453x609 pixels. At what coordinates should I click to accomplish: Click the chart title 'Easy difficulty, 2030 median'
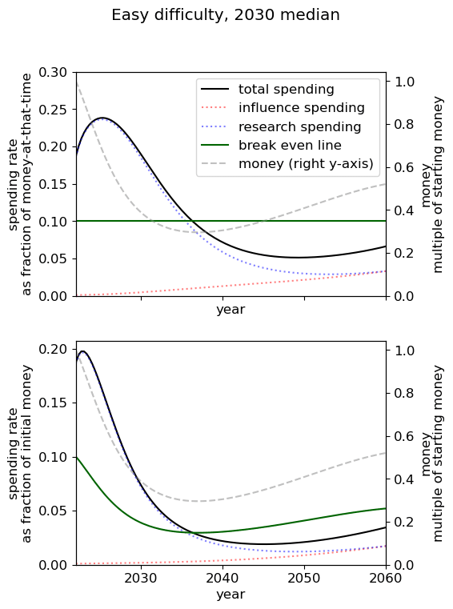click(226, 15)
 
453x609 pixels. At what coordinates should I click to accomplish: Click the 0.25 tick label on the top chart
click(53, 110)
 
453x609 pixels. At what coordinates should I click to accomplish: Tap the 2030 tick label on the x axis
click(141, 579)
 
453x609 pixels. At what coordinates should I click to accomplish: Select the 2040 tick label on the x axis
click(222, 579)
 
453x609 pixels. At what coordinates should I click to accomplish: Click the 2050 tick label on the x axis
click(304, 579)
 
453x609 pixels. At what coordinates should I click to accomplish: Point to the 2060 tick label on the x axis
click(386, 579)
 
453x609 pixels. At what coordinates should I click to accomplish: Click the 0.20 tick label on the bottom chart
click(53, 349)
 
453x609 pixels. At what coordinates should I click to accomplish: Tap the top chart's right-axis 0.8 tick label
click(404, 124)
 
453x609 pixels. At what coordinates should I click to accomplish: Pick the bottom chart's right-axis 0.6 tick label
click(404, 436)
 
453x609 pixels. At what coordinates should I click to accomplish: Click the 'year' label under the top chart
click(231, 310)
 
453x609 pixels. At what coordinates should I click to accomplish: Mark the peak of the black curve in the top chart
click(102, 118)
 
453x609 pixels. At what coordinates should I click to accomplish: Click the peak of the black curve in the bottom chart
click(82, 351)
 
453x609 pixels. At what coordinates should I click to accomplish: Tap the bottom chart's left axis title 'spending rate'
click(13, 453)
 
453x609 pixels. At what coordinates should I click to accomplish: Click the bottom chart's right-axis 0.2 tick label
click(404, 522)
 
